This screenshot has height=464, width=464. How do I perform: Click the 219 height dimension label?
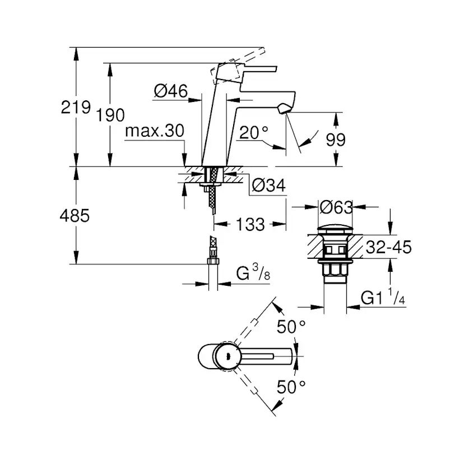[x=76, y=107]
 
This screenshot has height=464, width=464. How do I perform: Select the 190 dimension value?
[x=110, y=115]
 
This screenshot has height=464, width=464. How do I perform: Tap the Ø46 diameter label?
[x=171, y=91]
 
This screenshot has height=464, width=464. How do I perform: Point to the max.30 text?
[x=155, y=130]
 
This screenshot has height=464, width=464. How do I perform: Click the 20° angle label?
[x=254, y=132]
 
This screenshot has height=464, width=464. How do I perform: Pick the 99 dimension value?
[x=336, y=140]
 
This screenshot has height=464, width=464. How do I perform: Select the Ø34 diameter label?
[x=268, y=185]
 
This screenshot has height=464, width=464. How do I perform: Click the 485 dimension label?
[x=75, y=215]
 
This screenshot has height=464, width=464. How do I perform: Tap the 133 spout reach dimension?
[x=250, y=224]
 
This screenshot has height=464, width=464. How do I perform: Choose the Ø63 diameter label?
[x=336, y=207]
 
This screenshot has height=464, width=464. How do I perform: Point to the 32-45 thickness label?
[x=388, y=247]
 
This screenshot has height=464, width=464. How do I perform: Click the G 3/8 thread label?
[x=253, y=272]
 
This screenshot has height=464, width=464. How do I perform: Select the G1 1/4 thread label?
[x=383, y=296]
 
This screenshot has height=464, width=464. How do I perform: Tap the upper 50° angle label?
[x=291, y=327]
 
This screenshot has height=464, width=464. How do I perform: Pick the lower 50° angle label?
[x=291, y=387]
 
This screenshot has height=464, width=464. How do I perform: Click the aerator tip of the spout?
[x=284, y=108]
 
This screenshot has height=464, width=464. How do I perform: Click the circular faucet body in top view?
[x=228, y=356]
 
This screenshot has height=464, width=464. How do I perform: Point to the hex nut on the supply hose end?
[x=213, y=261]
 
